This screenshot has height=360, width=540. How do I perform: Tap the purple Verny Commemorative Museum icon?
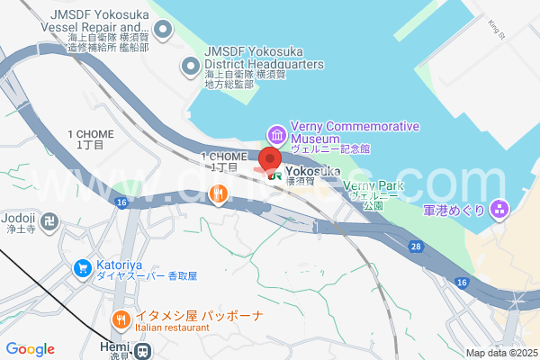pos(276,135)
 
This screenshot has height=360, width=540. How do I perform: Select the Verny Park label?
pos(374,185)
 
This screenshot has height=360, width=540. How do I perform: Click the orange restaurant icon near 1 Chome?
pos(218,193)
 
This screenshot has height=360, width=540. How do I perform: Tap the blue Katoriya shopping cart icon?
pos(82,267)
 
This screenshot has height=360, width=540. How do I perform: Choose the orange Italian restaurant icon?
pos(121,319)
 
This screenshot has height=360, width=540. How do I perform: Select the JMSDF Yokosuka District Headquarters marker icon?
pos(190,66)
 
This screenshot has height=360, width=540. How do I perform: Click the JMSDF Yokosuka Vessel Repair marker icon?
pos(163,31)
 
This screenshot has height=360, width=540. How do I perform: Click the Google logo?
pos(31,349)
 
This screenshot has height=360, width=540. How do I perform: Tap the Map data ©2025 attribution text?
pos(499,353)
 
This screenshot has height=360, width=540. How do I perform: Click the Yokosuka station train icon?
pos(272,175)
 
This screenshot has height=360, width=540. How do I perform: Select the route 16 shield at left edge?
pos(121,204)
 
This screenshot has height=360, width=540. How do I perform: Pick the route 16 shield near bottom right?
pos(461,283)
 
